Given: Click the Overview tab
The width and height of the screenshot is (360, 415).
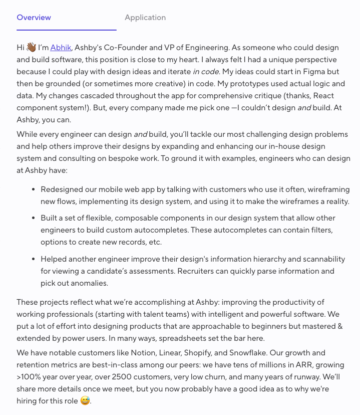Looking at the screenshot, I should [34, 18].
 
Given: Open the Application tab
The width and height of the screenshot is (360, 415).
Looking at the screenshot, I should [145, 18].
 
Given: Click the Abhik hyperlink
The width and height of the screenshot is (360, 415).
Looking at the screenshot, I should [61, 48].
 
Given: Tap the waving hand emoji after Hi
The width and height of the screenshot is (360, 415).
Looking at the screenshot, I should [31, 48].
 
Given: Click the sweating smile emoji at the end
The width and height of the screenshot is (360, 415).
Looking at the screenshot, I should [86, 401].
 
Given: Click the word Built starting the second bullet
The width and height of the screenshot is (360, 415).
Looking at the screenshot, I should [50, 218].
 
